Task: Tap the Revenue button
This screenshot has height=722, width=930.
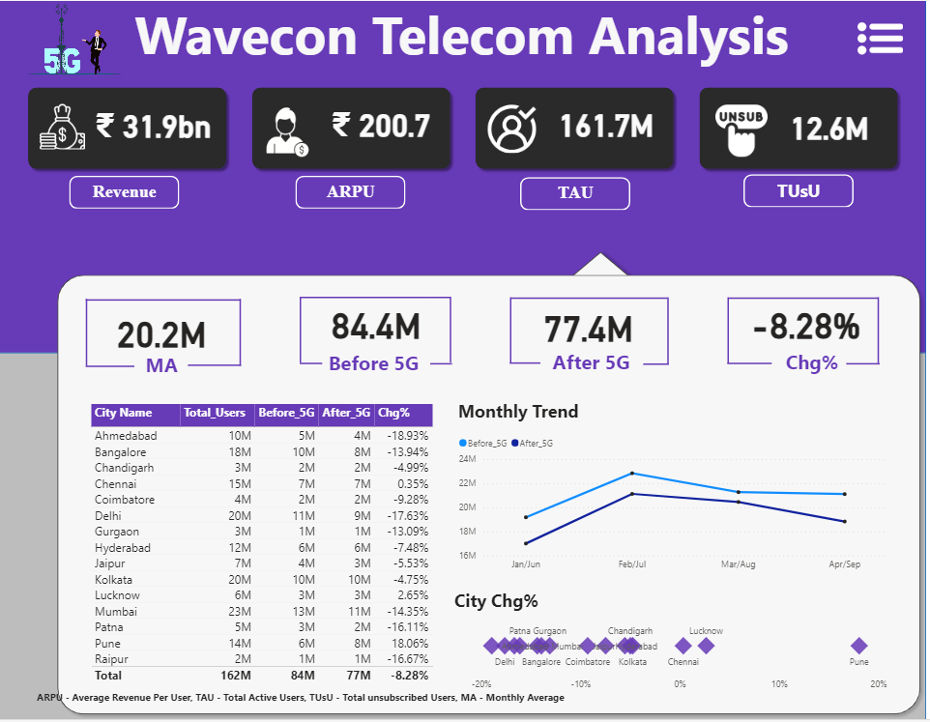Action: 125,192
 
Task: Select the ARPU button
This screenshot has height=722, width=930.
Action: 350,192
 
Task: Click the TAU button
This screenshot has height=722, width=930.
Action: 575,193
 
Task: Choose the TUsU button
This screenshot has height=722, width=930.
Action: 799,191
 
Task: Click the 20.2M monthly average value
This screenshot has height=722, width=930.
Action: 161,335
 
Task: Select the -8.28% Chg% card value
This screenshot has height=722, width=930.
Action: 805,328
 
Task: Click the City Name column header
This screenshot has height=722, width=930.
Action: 123,414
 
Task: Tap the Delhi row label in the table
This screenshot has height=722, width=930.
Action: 108,515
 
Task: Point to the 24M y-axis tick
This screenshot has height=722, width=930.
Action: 467,459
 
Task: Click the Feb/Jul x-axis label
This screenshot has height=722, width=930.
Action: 632,563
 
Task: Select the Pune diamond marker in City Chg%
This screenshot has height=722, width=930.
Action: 858,646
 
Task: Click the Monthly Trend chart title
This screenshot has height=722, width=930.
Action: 518,412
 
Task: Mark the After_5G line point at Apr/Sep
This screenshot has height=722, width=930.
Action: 844,522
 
